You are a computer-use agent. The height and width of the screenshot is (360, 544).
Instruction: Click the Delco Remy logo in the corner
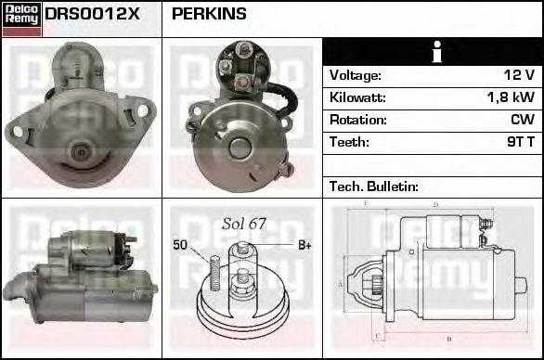click(x=21, y=19)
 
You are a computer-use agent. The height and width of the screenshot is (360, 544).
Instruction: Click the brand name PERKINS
click(x=209, y=13)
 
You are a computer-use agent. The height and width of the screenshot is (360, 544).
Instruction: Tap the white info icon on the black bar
click(x=432, y=52)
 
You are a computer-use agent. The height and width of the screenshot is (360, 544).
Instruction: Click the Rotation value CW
click(x=523, y=120)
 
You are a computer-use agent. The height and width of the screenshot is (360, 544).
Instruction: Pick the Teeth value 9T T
click(x=519, y=142)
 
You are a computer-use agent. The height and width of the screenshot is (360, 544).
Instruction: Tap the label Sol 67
click(x=243, y=224)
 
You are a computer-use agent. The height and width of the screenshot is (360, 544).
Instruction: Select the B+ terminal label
click(x=304, y=245)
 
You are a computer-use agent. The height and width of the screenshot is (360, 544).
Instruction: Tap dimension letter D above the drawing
click(x=434, y=205)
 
